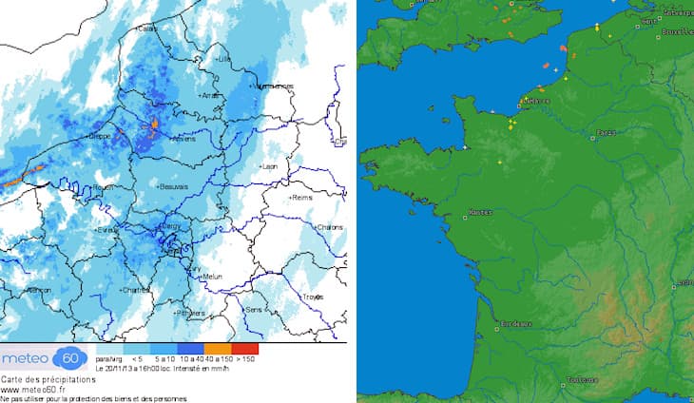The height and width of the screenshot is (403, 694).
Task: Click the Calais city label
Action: tap(147, 29)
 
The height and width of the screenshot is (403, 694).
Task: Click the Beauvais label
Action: tap(174, 186)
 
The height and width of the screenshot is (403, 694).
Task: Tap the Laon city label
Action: tap(269, 166)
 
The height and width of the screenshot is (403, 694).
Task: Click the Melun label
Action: tap(212, 277)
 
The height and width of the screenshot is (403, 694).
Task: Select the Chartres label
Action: tap(136, 289)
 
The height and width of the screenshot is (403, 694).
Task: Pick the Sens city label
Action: tap(253, 310)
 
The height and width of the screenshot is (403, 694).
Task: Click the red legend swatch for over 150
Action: tap(246, 349)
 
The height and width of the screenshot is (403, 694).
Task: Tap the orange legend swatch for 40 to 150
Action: tap(220, 349)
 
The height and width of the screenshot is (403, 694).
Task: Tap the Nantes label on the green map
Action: tap(480, 213)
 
